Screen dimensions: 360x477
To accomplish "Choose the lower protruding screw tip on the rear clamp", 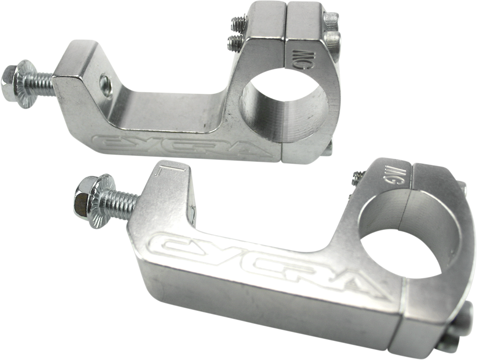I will tap(235, 43).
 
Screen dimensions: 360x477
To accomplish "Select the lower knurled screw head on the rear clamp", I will tap(334, 41).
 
